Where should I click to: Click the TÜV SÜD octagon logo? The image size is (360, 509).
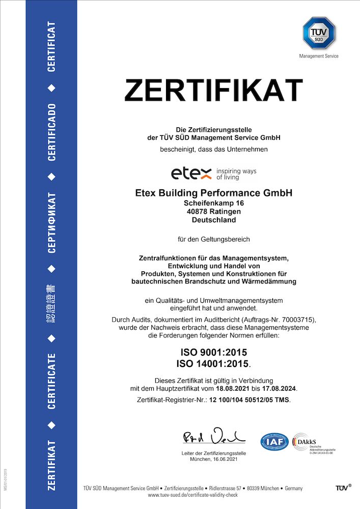319,33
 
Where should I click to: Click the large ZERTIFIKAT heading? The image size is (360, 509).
214,90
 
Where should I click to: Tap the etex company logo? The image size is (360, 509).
191,174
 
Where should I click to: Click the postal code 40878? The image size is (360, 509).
197,211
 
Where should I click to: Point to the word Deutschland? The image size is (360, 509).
214,220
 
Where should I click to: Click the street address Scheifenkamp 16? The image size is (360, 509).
214,203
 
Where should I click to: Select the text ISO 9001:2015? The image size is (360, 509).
214,352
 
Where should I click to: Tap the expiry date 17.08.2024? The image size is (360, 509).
278,389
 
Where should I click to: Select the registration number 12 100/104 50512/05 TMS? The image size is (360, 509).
250,401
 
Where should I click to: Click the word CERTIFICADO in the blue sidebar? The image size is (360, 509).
51,132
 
